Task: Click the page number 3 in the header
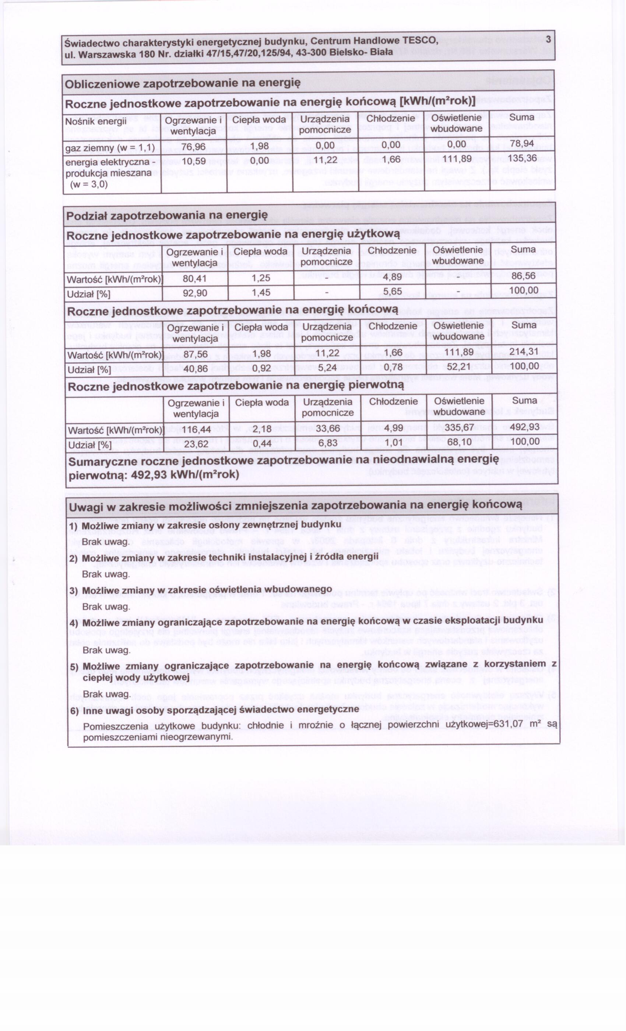(548, 39)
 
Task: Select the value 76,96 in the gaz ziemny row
(193, 147)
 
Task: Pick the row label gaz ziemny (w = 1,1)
(110, 148)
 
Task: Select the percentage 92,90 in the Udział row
(195, 293)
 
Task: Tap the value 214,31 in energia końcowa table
(524, 352)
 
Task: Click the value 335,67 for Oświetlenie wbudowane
(459, 427)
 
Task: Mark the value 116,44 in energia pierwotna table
(196, 429)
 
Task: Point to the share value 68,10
(459, 442)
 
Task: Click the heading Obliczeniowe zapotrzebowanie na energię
(182, 83)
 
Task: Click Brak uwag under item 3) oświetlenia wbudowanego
(106, 607)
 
